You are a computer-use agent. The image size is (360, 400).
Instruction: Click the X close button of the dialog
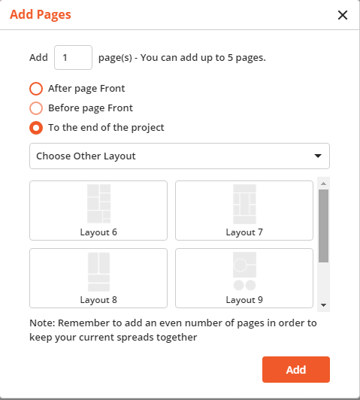[343, 15]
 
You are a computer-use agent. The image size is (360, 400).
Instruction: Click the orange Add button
[295, 370]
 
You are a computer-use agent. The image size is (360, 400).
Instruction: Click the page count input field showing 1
[73, 57]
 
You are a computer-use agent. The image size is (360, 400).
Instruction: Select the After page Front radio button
[36, 88]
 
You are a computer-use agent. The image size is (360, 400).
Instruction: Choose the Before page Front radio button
[36, 108]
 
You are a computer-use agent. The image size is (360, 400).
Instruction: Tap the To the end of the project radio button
[36, 127]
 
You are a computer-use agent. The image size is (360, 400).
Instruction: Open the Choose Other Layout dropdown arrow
[318, 156]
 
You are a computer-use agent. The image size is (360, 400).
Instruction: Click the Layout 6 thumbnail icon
[98, 203]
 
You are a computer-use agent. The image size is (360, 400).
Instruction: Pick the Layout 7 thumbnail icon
[244, 203]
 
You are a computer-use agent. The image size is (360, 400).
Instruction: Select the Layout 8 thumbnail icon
[98, 272]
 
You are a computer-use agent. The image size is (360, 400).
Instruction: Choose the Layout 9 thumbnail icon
[244, 272]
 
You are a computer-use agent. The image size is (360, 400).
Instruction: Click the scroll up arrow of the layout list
[323, 183]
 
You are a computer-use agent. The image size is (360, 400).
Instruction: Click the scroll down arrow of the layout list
[323, 305]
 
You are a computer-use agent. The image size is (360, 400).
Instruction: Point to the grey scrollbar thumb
[323, 226]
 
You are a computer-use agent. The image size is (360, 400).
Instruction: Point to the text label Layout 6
[98, 232]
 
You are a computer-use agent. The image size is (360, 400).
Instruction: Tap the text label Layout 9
[244, 300]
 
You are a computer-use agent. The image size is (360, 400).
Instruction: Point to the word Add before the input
[39, 57]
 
